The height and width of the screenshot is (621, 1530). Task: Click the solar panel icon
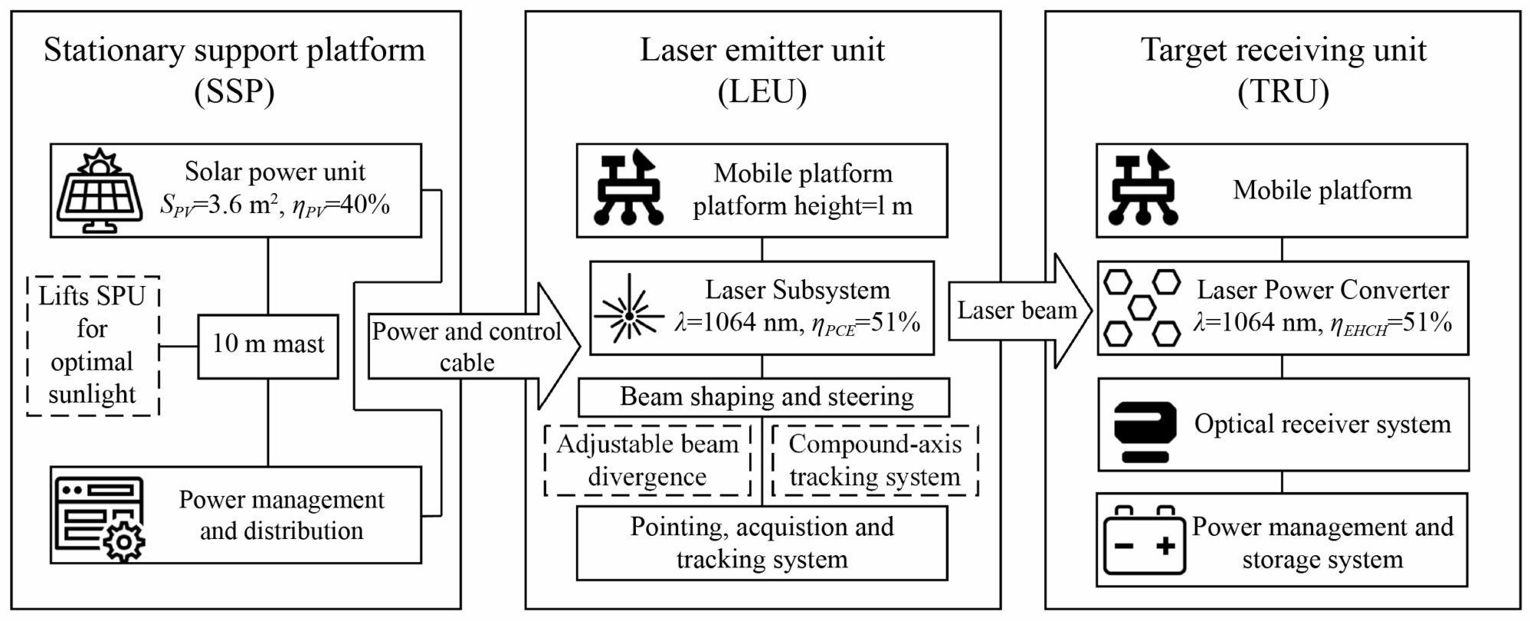coord(99,192)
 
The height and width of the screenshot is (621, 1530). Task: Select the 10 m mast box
coord(267,346)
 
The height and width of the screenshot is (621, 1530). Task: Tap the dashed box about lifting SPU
coord(93,346)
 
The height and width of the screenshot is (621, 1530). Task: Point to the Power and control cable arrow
coord(467,347)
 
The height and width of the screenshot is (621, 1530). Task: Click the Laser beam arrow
coord(1017,310)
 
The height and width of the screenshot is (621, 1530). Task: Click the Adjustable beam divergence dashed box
coord(647,460)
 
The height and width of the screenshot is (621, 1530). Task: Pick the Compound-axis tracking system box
coord(875,460)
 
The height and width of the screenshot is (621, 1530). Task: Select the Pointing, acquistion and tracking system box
coord(762,543)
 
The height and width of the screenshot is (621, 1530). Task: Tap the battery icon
coord(1144,541)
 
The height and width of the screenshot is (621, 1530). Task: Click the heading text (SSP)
coord(234,92)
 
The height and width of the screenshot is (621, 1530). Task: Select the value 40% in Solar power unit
coord(364,205)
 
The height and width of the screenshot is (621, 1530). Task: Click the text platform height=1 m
coord(802,206)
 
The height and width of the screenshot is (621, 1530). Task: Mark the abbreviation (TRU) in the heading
coord(1283,92)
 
